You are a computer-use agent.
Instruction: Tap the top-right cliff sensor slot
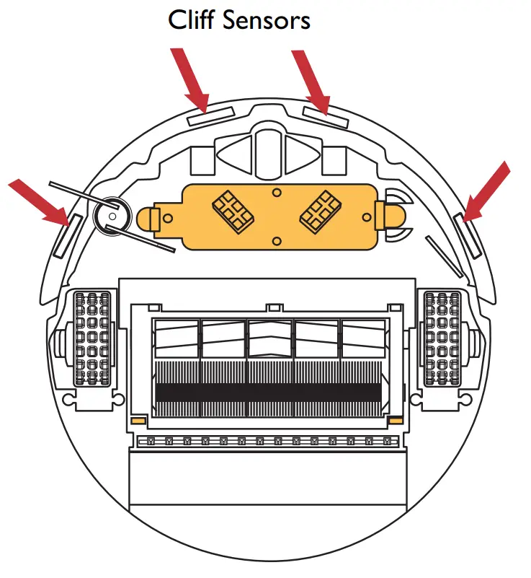[326, 118]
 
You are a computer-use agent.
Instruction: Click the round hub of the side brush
[111, 214]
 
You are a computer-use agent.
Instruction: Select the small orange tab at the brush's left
[138, 420]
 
